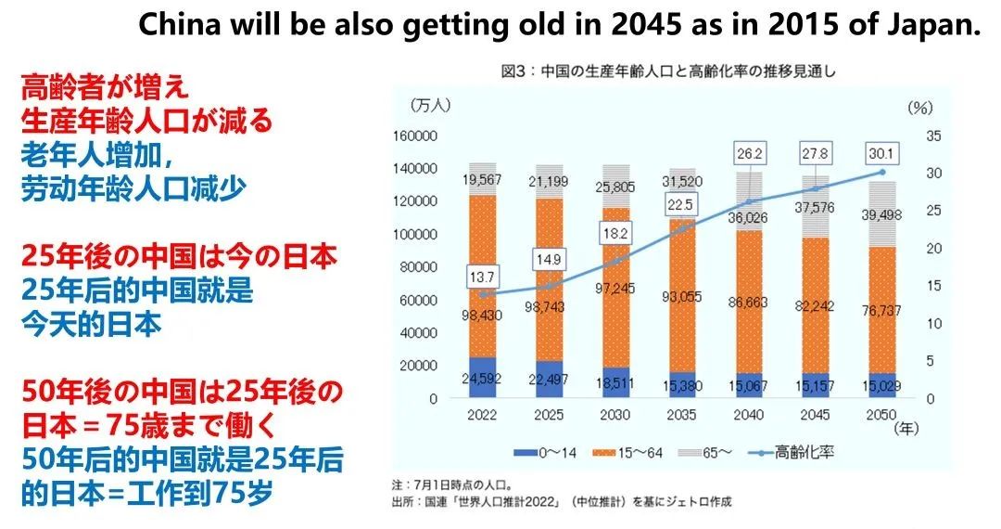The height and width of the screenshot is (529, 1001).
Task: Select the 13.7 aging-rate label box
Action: [x=482, y=277]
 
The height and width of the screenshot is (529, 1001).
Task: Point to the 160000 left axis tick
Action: [x=414, y=135]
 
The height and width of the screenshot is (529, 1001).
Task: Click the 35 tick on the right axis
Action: [x=933, y=135]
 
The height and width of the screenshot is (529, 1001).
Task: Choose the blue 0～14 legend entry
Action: [x=548, y=453]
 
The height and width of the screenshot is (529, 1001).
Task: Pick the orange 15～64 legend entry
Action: [x=629, y=453]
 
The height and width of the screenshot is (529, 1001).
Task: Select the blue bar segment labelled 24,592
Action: [x=482, y=378]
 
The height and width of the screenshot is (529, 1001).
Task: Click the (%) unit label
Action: [x=919, y=107]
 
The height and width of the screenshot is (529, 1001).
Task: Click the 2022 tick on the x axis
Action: [x=482, y=415]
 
